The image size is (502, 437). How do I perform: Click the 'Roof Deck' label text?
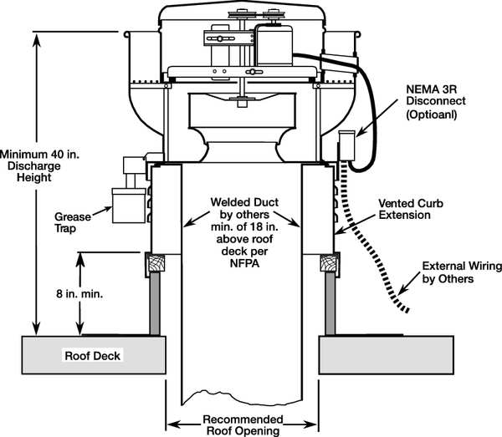(x=93, y=355)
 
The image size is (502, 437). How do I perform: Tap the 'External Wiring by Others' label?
(x=462, y=272)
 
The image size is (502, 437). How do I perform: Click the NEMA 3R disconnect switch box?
(x=347, y=148)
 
